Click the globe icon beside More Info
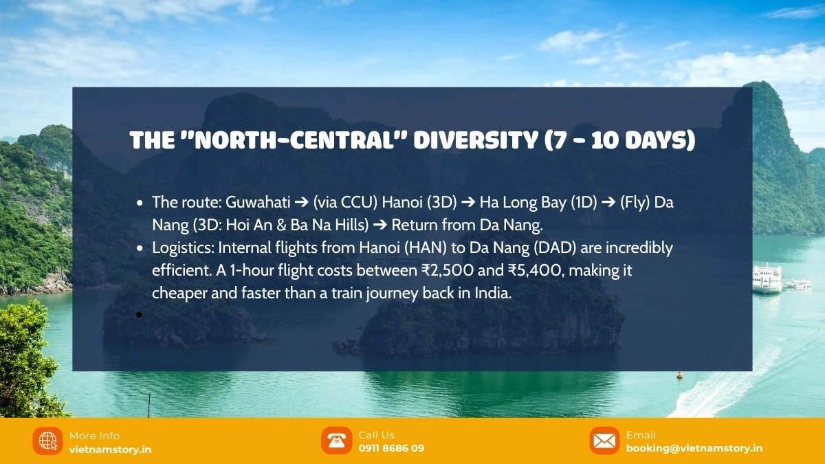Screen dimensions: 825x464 point(47,441)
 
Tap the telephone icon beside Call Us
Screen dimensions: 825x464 point(336,441)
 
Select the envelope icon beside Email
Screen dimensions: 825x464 point(604,441)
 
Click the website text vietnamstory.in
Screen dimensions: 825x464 point(110,450)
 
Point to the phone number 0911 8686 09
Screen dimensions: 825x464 point(391,448)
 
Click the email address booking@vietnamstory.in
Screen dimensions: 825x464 point(694,448)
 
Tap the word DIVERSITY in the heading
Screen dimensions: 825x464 point(476,140)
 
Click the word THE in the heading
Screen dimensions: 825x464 point(152,140)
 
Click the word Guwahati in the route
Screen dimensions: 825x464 point(258,202)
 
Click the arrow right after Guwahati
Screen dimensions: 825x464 point(302,203)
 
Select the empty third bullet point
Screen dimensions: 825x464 point(139,315)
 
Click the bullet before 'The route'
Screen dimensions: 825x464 point(139,203)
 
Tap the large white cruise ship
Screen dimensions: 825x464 point(767,279)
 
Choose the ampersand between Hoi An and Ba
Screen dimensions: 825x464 point(281,225)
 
